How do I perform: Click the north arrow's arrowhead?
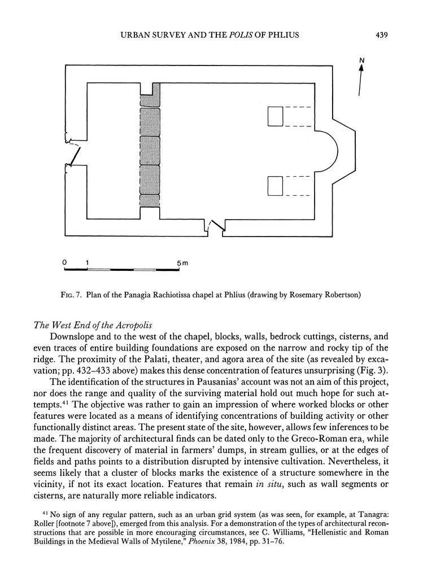361,67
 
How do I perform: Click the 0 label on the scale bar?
65,263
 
